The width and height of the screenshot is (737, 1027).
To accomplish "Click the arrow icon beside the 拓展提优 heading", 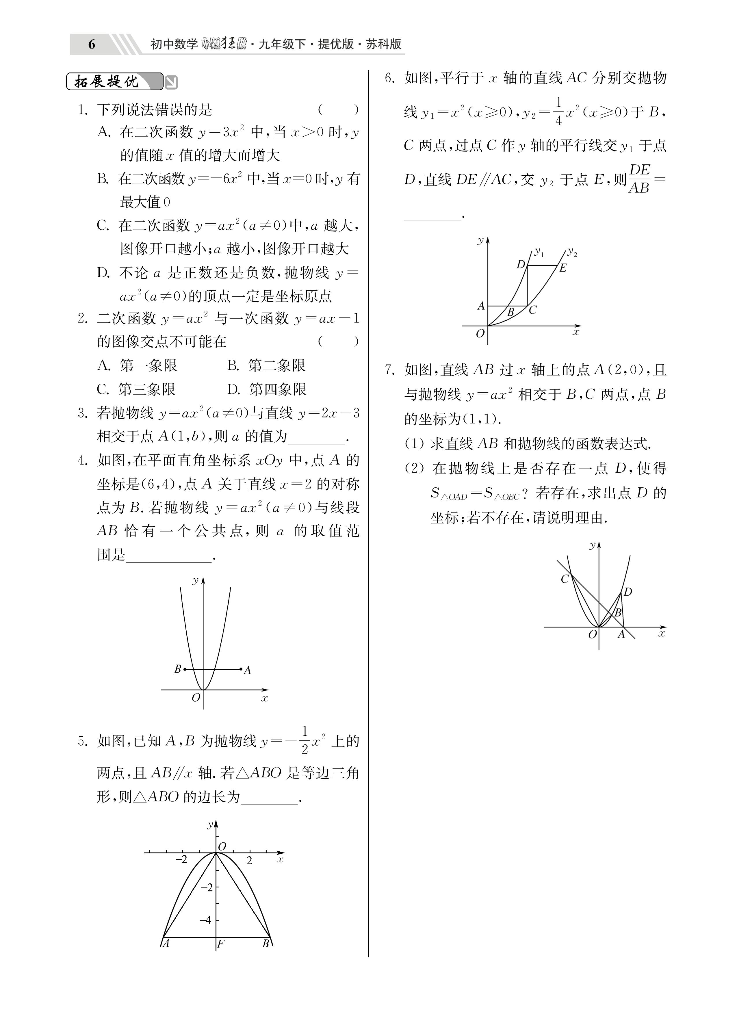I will coord(171,82).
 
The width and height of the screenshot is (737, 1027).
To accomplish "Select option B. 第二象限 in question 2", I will coord(266,365).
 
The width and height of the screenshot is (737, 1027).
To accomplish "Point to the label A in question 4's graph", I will coord(247,671).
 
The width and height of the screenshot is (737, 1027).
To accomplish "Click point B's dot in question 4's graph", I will coord(184,669).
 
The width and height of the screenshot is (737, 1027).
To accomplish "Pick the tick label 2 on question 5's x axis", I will coord(249,861).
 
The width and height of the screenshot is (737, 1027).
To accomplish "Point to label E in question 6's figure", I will coord(563,268).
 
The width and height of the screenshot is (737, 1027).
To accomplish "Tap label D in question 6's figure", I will coord(521,264).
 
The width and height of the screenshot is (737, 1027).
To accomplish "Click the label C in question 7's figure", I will coord(565,579).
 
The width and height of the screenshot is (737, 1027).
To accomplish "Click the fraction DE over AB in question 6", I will coord(639,179).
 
